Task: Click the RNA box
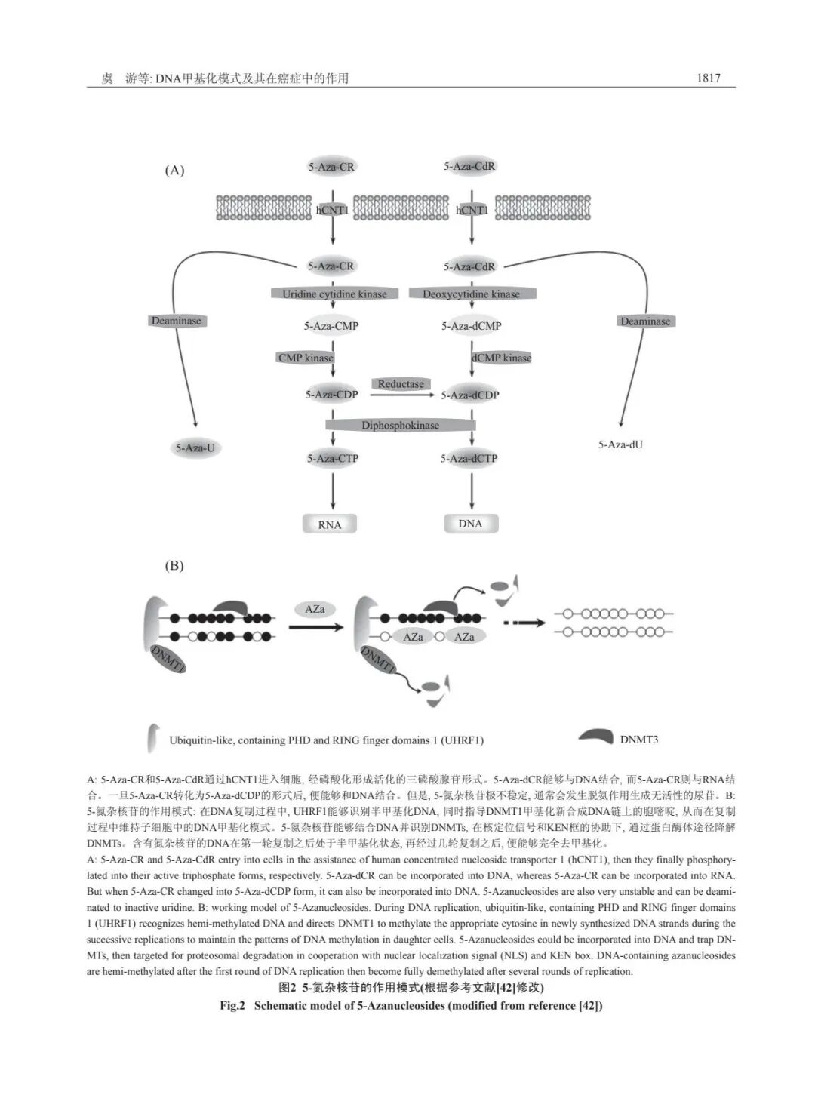(329, 524)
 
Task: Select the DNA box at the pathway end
(470, 524)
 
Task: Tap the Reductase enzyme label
(401, 384)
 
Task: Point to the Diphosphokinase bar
(400, 426)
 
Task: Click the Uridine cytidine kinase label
(334, 294)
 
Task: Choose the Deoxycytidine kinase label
(472, 294)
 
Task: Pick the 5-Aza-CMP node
(331, 326)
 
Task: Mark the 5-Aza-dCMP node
(472, 326)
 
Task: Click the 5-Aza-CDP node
(331, 395)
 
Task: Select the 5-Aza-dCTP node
(469, 458)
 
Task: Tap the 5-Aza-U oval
(195, 448)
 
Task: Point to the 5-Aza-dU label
(620, 444)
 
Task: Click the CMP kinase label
(306, 358)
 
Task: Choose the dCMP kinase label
(502, 358)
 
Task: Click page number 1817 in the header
(709, 78)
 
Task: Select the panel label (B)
(174, 566)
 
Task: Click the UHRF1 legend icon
(153, 738)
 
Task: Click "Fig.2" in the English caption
(233, 1006)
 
